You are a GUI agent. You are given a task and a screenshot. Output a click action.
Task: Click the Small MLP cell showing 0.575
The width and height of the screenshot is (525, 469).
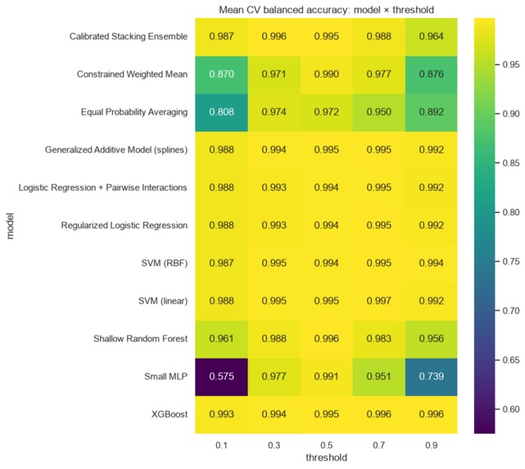pyautogui.click(x=221, y=377)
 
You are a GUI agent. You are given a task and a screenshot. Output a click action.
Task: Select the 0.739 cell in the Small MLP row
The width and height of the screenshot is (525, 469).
pyautogui.click(x=432, y=377)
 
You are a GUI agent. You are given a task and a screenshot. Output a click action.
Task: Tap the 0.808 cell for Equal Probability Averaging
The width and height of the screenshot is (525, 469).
pyautogui.click(x=221, y=112)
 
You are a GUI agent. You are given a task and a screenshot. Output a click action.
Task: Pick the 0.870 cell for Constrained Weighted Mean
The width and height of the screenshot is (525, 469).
pyautogui.click(x=221, y=74)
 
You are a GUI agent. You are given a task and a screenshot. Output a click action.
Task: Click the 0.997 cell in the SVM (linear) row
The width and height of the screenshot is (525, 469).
pyautogui.click(x=378, y=301)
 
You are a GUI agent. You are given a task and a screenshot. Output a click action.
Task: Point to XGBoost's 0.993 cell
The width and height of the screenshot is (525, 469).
pyautogui.click(x=221, y=414)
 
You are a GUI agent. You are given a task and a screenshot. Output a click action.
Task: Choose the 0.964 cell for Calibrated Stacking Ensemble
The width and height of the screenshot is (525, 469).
pyautogui.click(x=432, y=37)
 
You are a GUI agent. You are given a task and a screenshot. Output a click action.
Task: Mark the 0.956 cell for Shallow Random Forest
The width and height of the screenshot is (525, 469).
pyautogui.click(x=432, y=339)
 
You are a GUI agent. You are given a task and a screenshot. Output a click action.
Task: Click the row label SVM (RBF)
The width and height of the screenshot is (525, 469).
pyautogui.click(x=164, y=264)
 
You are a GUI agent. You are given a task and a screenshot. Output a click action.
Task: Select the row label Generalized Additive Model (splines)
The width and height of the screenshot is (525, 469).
pyautogui.click(x=116, y=150)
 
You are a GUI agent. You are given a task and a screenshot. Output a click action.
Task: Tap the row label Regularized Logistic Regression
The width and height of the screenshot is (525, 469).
pyautogui.click(x=124, y=225)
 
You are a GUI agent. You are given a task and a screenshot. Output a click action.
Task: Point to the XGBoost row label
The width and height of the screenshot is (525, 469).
pyautogui.click(x=170, y=414)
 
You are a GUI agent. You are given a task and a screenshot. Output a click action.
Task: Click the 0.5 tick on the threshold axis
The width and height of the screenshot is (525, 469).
pyautogui.click(x=327, y=445)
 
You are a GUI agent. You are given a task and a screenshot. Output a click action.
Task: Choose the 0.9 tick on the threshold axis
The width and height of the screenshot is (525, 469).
pyautogui.click(x=432, y=445)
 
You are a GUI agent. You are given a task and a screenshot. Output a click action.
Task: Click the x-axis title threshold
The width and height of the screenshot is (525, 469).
pyautogui.click(x=327, y=458)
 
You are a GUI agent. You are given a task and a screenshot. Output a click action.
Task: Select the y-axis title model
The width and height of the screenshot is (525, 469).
pyautogui.click(x=10, y=226)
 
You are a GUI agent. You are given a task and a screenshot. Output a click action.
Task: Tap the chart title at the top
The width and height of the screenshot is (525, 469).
pyautogui.click(x=327, y=10)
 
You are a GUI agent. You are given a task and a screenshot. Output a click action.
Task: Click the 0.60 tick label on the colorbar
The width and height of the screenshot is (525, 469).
pyautogui.click(x=511, y=409)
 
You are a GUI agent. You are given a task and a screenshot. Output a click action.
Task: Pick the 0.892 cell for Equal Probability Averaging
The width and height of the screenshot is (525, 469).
pyautogui.click(x=432, y=112)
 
